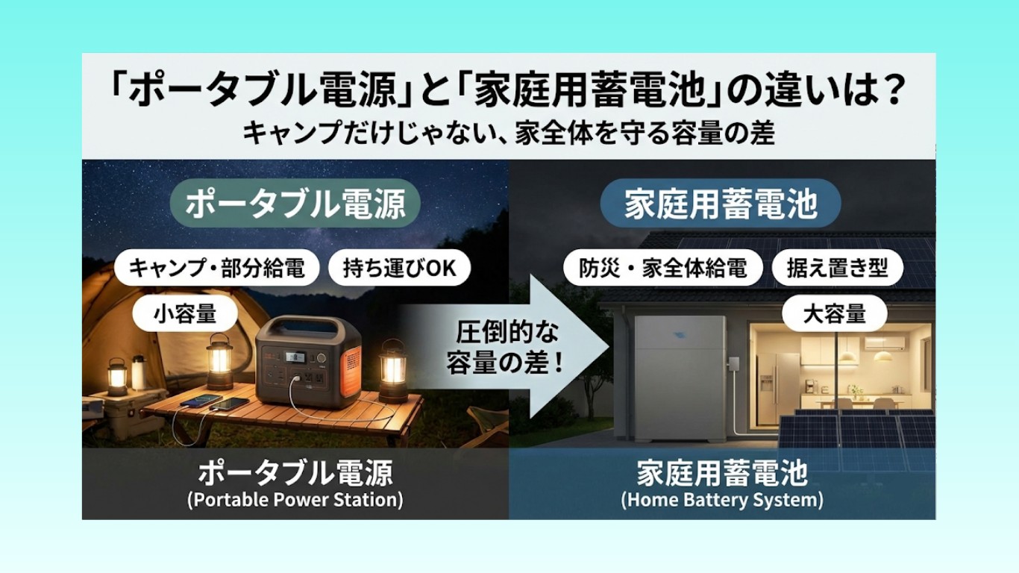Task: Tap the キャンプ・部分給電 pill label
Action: coord(217,269)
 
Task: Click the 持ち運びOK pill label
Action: coord(399,269)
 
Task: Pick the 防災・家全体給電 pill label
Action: coord(663,269)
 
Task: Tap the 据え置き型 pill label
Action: coord(837,269)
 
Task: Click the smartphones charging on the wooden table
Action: coord(221,404)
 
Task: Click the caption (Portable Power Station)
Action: coord(295,499)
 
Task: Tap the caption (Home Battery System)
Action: coord(721,499)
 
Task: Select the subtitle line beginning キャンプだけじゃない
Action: coord(509,134)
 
